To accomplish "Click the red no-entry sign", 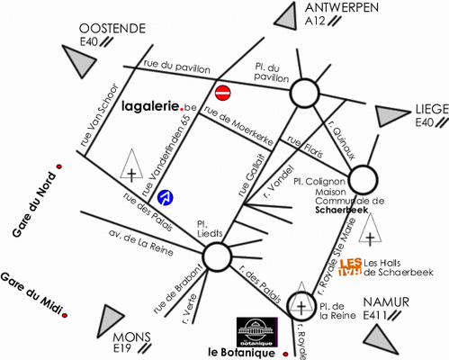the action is pos(223,93).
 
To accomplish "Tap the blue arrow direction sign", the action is pos(165,198).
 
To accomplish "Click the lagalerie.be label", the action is pos(159,106).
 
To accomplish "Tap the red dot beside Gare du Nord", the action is pos(59,166).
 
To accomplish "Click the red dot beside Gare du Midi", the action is pos(65,315).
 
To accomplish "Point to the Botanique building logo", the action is pos(257,332).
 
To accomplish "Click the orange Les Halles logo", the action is pos(350,267).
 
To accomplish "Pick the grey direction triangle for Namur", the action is pos(380,339).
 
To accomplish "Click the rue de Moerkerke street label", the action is pos(238,126).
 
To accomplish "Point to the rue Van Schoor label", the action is pos(99,116).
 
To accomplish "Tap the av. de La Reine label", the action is pos(141,243).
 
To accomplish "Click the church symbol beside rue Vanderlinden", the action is pos(131,166).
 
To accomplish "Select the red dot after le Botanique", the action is pos(285,355).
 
